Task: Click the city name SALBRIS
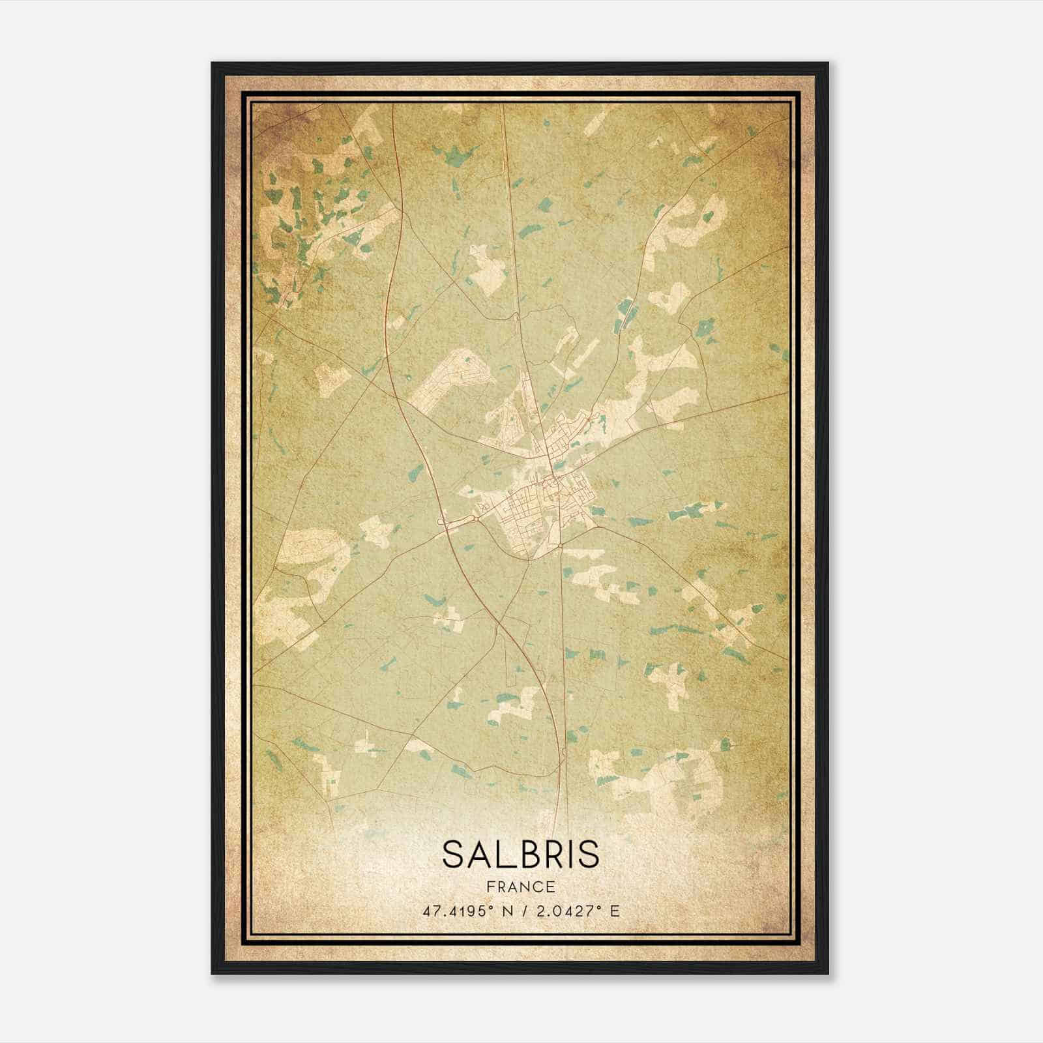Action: (521, 854)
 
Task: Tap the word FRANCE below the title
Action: (521, 887)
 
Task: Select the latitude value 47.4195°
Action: (459, 911)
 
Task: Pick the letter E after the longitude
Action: (613, 911)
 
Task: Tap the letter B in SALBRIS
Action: (530, 854)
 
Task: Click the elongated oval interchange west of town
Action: (459, 521)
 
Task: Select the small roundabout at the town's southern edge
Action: (561, 545)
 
